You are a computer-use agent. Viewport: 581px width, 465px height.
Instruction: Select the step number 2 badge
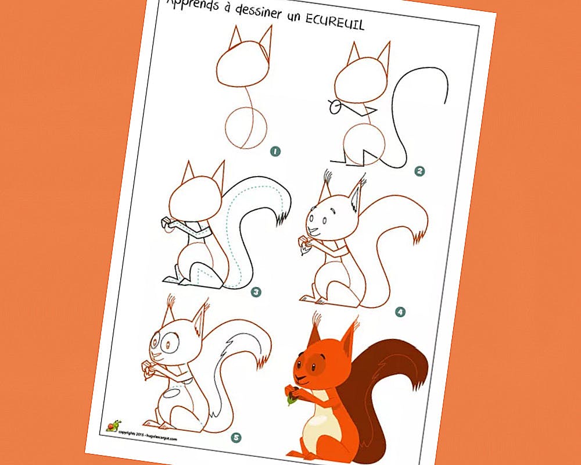pyautogui.click(x=419, y=171)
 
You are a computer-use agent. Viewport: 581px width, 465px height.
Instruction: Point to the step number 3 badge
pyautogui.click(x=256, y=292)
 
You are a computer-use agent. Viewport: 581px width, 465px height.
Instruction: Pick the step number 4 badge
pyautogui.click(x=400, y=312)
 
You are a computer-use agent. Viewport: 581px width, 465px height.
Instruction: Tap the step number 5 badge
pyautogui.click(x=235, y=437)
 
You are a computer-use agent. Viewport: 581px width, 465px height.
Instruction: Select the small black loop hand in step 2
pyautogui.click(x=334, y=106)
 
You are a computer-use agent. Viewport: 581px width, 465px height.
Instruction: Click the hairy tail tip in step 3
pyautogui.click(x=284, y=218)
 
